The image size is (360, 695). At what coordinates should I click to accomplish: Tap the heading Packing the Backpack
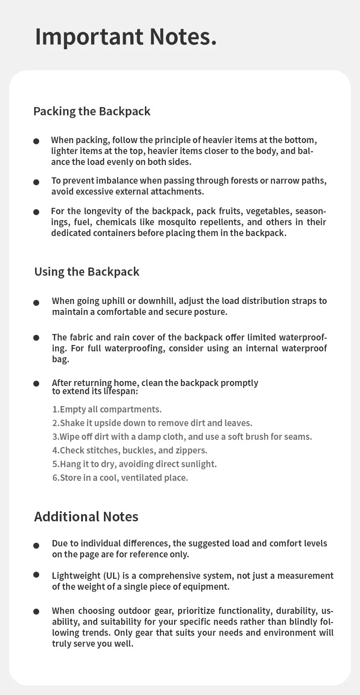pos(92,111)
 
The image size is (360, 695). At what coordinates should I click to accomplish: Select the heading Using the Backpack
pos(87,272)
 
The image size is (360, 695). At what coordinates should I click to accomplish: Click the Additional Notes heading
pos(86,516)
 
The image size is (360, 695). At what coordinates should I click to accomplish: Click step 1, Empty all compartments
pos(107,409)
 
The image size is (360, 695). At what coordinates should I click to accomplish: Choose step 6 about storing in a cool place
pos(120,478)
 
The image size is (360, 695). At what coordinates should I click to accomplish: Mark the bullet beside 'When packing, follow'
pos(36,141)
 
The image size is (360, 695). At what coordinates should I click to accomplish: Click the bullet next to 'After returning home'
pos(36,384)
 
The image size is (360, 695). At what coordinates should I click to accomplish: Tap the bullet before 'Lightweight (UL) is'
pos(36,575)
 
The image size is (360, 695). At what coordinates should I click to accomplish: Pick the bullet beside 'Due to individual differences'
pos(36,545)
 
